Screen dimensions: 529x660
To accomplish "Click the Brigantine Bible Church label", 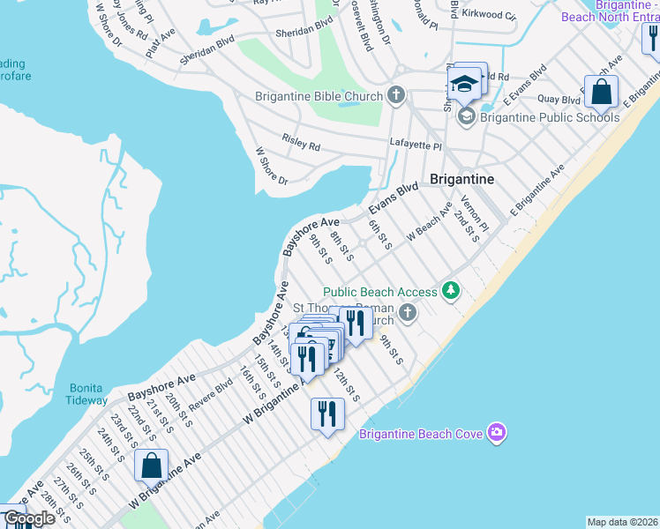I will click(x=319, y=96).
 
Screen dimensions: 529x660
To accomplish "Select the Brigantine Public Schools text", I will click(x=549, y=116).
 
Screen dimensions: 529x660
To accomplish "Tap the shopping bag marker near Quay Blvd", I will click(x=601, y=91).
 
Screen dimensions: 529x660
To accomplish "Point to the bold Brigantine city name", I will click(x=461, y=179).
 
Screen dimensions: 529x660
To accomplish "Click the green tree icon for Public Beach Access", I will click(x=451, y=290).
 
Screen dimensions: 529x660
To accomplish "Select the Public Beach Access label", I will click(x=379, y=292).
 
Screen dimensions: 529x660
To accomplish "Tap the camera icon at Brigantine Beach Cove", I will click(x=497, y=432).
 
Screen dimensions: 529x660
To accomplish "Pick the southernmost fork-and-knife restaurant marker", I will click(x=327, y=414).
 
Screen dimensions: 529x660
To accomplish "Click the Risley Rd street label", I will click(x=301, y=142).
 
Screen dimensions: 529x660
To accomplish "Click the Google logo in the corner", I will click(x=28, y=518).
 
